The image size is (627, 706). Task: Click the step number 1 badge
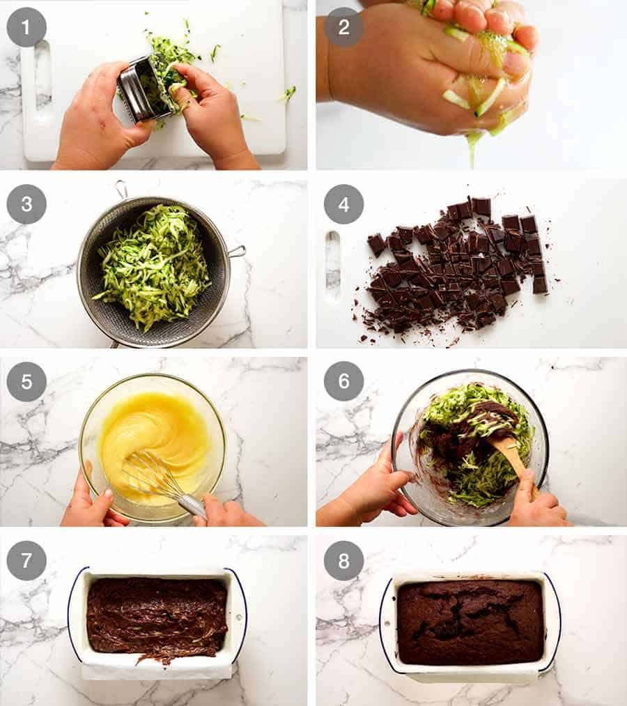point(26,26)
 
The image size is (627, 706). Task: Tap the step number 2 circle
point(343,26)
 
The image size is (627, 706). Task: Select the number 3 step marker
point(26,204)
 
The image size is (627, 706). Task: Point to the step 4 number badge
point(343,204)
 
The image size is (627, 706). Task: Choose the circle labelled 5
point(26,382)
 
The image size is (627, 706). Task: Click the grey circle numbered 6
point(343,382)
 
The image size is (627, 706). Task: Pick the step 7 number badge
point(26,560)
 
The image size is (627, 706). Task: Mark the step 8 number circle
point(343,560)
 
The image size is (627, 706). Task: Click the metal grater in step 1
point(140,89)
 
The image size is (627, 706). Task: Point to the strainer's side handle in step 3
point(237,251)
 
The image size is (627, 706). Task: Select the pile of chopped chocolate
point(456,268)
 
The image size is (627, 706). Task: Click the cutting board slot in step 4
point(333,266)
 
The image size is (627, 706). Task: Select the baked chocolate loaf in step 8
point(470,620)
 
